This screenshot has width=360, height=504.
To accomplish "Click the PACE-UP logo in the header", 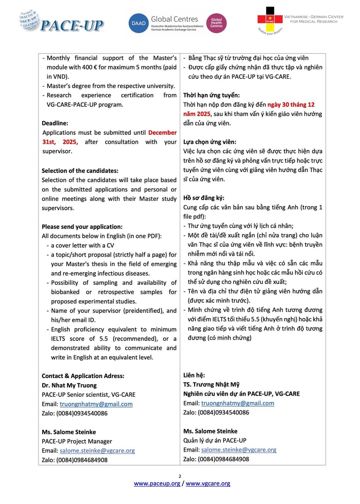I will click(x=61, y=21).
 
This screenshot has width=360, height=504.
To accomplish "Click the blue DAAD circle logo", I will click(x=138, y=23).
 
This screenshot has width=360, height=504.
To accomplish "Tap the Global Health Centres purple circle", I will click(x=216, y=23).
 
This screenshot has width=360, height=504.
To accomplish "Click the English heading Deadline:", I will click(x=55, y=123).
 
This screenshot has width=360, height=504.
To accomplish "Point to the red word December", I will click(x=163, y=133).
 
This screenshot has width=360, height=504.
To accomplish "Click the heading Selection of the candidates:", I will click(x=80, y=170).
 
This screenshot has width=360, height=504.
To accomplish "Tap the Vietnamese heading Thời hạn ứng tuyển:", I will click(x=211, y=95).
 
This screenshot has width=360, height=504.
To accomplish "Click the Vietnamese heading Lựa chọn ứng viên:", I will click(x=210, y=142).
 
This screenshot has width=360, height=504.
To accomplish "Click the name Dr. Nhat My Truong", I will click(x=69, y=385).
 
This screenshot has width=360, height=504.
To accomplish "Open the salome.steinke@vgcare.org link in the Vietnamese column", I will click(x=239, y=450).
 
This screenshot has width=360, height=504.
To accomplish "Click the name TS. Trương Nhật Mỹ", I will click(x=211, y=385).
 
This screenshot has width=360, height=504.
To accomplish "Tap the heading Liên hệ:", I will click(x=194, y=375).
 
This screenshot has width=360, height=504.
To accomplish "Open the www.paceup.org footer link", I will click(x=157, y=483).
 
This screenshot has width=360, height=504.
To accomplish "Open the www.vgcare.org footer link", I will click(x=208, y=483).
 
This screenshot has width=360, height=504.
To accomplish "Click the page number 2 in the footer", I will click(x=180, y=476).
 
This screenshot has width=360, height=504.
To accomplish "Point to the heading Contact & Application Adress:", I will click(x=83, y=376).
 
